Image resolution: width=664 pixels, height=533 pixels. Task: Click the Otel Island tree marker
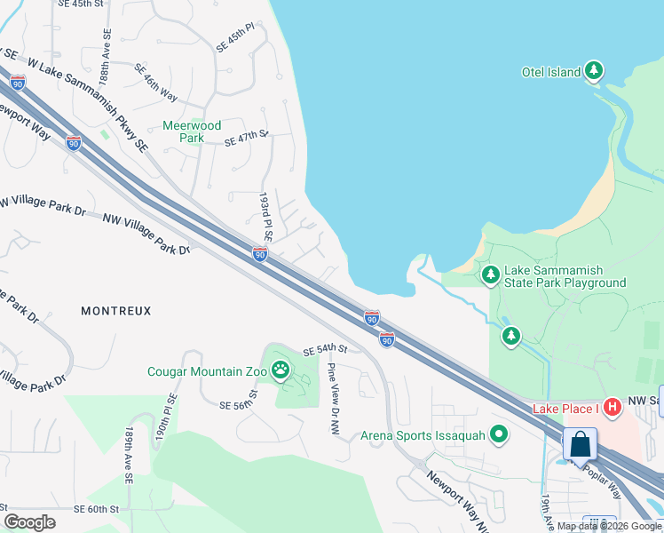[594, 72]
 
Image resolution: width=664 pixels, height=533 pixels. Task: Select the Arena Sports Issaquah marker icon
[500, 434]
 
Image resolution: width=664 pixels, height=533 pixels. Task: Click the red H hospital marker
[611, 408]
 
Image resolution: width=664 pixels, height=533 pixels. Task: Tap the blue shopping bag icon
[580, 444]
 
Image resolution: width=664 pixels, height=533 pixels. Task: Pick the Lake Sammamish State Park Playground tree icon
[490, 275]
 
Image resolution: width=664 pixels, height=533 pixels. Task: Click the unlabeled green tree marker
[510, 336]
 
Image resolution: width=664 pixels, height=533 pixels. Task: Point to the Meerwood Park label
[191, 132]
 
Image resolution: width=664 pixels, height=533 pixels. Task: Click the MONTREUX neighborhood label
[116, 311]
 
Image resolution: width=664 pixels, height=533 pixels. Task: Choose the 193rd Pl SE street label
[265, 218]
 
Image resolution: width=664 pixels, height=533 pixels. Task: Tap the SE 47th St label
[246, 139]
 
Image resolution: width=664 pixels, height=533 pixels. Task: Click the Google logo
[29, 522]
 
